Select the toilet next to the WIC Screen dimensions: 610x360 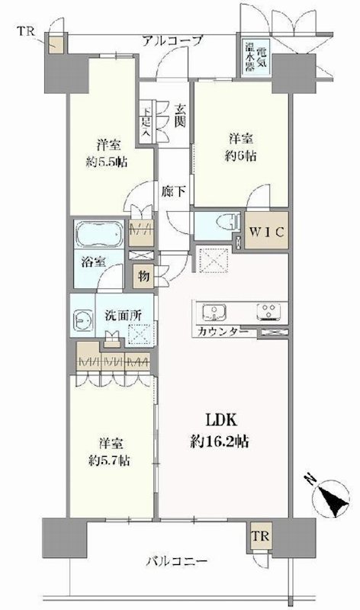coord(222,225)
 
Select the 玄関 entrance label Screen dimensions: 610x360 coord(181,114)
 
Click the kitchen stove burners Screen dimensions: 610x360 coord(269,313)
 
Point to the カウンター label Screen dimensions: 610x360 coord(222,332)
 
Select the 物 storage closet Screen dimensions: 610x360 coord(142,275)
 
